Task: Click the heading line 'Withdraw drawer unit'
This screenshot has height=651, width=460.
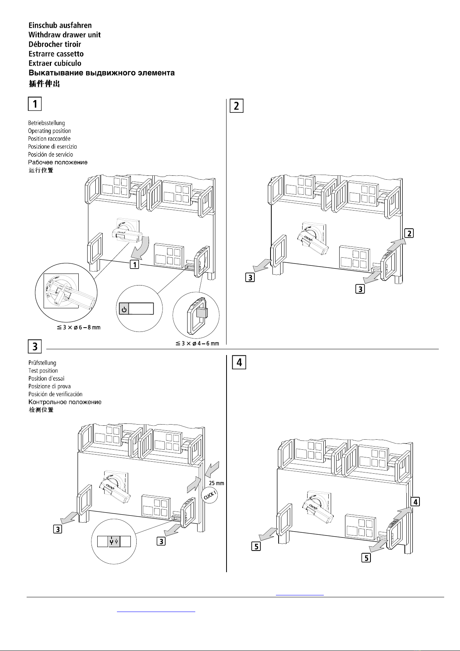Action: point(64,35)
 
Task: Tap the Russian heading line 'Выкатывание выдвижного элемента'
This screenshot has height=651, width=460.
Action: point(101,73)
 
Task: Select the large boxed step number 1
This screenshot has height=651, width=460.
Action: point(35,104)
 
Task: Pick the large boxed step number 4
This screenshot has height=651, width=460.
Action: point(239,362)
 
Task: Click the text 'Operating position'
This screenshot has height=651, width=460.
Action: point(49,131)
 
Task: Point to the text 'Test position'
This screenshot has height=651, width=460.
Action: point(43,371)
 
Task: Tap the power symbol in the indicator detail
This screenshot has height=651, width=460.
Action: point(124,309)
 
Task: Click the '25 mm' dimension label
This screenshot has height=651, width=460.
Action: point(216,483)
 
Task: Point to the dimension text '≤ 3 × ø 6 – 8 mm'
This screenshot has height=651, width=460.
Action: point(79,328)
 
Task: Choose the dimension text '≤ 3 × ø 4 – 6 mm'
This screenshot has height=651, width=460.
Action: point(197,343)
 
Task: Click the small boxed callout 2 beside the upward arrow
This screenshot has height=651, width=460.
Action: point(409,233)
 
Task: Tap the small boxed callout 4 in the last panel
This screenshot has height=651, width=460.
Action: point(415,501)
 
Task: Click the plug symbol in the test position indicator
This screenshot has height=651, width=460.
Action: point(114,541)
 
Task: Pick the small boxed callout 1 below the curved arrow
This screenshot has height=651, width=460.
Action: point(134,265)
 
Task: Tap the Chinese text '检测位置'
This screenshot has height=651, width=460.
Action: point(41,410)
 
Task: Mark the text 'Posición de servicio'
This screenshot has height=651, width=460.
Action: point(51,154)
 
